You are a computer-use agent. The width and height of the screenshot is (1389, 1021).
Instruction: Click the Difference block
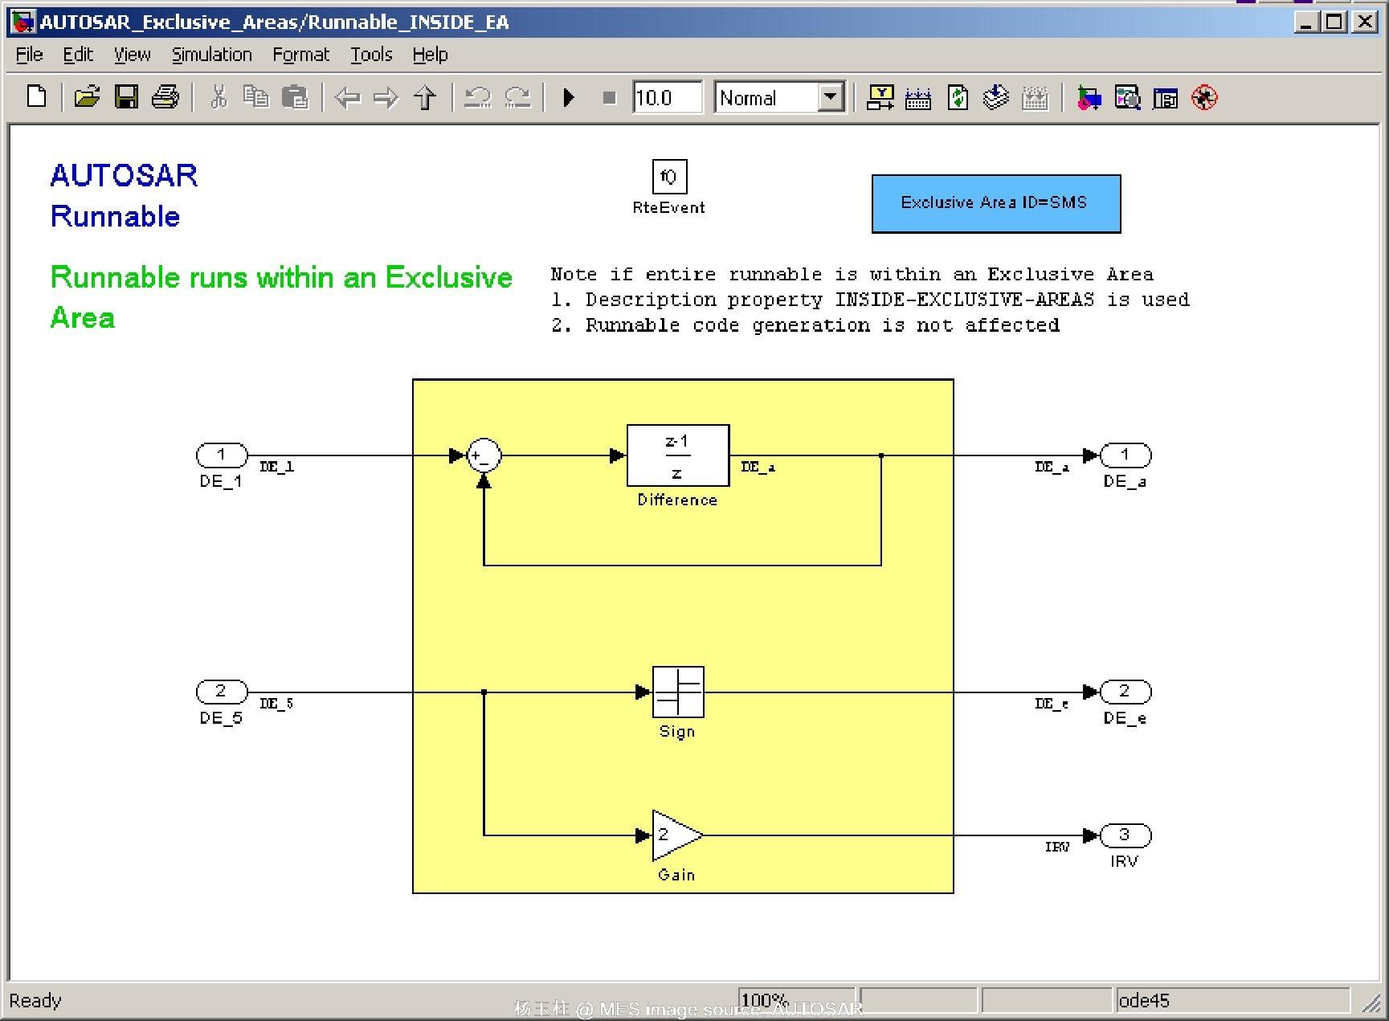pos(677,455)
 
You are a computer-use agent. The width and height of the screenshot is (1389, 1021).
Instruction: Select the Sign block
pos(678,692)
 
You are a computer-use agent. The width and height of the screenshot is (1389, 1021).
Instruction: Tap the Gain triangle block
pos(675,835)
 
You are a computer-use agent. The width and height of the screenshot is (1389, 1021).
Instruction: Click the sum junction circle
pos(484,455)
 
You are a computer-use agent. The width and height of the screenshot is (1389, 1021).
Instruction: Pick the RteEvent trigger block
pos(668,177)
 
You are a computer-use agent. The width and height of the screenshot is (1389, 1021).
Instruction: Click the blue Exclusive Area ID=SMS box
pos(995,203)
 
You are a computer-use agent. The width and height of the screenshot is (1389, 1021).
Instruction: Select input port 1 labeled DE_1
pos(222,455)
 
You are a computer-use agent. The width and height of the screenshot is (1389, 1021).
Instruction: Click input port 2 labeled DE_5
pos(222,692)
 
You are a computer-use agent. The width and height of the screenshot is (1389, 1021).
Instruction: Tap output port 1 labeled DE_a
pos(1125,455)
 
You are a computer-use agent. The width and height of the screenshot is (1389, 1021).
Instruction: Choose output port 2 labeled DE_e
pos(1125,692)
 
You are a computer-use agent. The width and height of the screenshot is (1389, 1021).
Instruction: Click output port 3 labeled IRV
pos(1125,835)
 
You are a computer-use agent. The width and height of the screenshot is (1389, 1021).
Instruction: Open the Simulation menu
pos(211,55)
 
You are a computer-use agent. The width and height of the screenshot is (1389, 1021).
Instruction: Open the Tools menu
pos(371,55)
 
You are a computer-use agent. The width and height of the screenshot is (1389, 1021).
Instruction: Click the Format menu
pos(300,55)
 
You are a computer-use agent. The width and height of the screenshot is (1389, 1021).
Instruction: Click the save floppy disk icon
pos(126,97)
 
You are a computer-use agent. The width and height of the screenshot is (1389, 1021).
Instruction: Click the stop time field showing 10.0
pos(667,98)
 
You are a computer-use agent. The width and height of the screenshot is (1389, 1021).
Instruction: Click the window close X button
pos(1364,22)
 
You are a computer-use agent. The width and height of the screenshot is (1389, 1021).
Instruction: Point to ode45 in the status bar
pos(1144,1000)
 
